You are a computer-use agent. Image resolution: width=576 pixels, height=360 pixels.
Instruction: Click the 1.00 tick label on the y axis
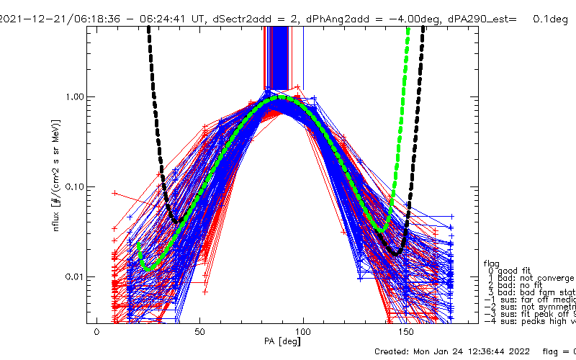coord(76,96)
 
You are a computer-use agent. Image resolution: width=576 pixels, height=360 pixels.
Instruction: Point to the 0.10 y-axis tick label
coord(76,186)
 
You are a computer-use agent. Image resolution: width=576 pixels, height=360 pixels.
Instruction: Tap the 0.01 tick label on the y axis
coord(76,276)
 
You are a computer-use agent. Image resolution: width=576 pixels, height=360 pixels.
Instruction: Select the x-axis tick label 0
coord(97,332)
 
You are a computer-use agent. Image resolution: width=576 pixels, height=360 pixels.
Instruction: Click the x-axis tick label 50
coord(200,332)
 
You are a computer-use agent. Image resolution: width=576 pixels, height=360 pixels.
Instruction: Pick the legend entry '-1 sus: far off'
coord(529,300)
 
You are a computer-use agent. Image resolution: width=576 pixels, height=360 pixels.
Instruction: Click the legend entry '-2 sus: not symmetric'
coord(529,307)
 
